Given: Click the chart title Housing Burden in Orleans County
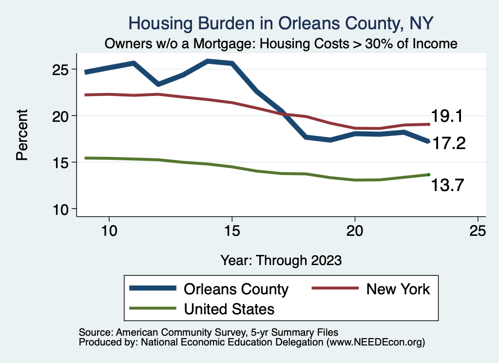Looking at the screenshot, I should coord(280,23).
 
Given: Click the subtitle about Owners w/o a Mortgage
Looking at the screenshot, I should coord(281,43).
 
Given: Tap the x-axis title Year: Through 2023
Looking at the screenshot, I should coord(281,260).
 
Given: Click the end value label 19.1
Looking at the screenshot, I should coord(450,117).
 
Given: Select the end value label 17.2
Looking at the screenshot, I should coord(450,144).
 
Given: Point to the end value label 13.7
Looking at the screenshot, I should coord(450,185).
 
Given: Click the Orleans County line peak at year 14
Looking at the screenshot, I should coord(208,61).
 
